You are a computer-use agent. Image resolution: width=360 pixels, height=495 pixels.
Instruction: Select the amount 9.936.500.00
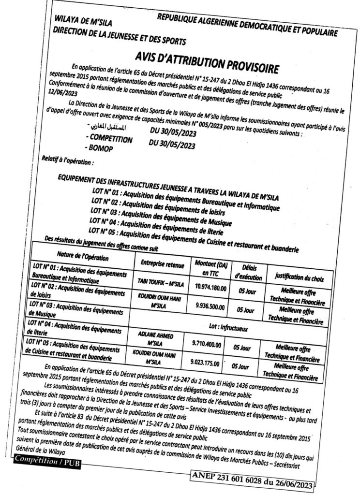point(210,306)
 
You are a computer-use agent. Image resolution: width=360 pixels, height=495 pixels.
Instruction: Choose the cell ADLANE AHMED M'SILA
point(154,339)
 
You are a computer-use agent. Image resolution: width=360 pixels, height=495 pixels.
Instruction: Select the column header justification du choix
point(296,277)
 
